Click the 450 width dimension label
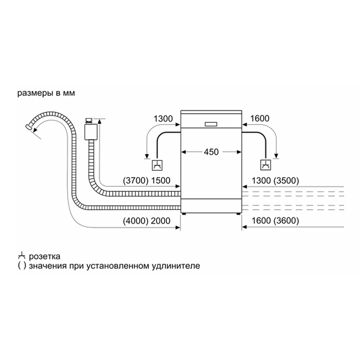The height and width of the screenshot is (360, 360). coord(211,152)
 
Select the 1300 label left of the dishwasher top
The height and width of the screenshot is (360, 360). coord(163,119)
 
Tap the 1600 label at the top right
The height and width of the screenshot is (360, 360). coord(260,119)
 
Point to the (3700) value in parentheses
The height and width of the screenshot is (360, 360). coord(136,180)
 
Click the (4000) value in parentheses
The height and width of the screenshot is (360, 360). coord(136,221)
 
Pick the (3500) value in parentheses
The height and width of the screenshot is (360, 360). coord(287,180)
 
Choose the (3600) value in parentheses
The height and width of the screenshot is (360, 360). coord(287,221)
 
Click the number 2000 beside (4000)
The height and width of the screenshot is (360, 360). coord(161,221)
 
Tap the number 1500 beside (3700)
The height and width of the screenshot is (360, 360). coord(161,180)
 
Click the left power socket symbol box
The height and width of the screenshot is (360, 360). coord(157,165)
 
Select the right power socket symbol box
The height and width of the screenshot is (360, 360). coord(266,165)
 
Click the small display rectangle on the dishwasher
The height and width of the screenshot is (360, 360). coord(211,124)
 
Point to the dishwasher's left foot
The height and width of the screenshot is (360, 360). coord(184,214)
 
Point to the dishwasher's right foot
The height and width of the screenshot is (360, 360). coord(238,214)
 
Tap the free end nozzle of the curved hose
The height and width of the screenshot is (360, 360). coord(29,127)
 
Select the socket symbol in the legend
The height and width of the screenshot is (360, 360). coord(21,255)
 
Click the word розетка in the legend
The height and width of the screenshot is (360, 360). coord(45,256)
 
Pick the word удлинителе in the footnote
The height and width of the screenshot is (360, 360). coord(176,266)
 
